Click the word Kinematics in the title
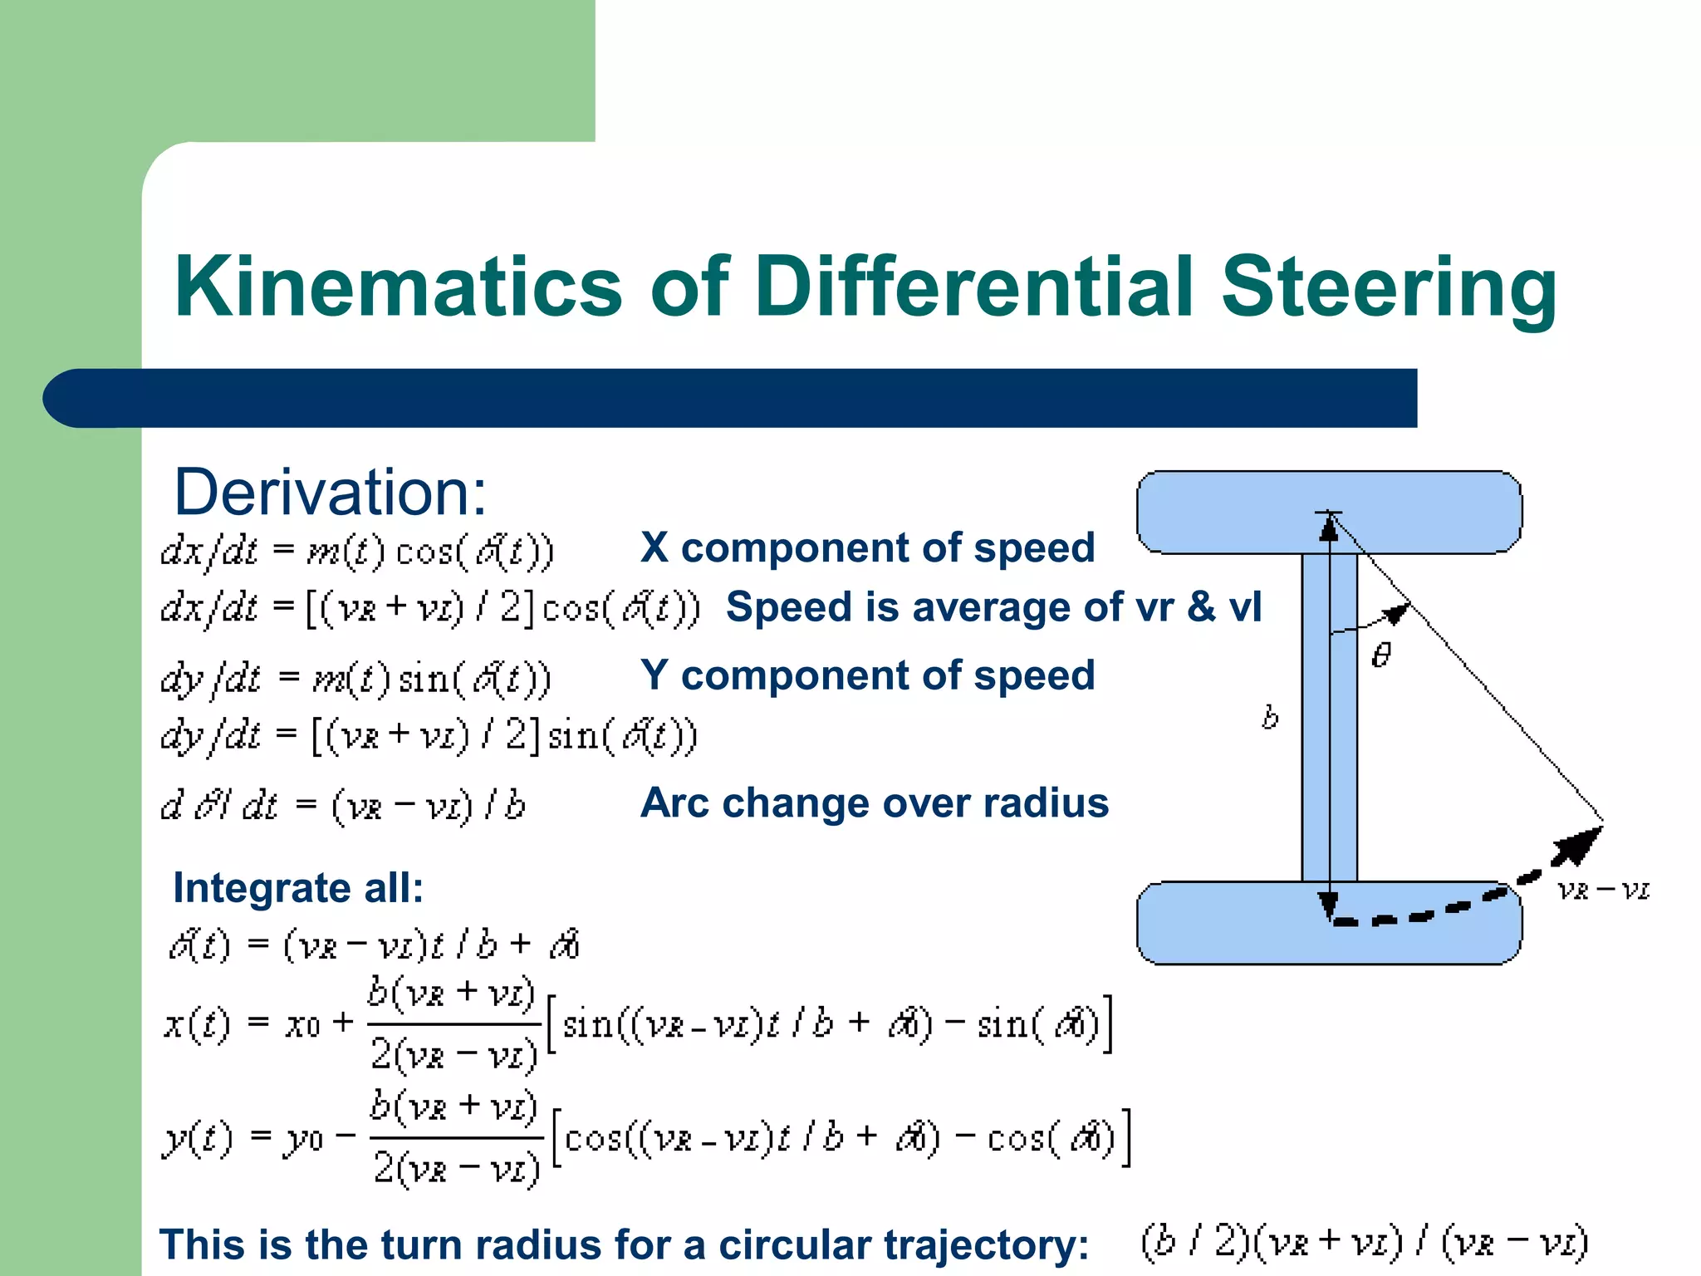click(398, 287)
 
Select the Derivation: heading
click(330, 492)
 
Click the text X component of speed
click(867, 547)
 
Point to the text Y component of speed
click(867, 675)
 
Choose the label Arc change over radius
click(874, 802)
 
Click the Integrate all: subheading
click(298, 887)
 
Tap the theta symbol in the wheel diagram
click(1380, 655)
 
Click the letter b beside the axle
click(1270, 716)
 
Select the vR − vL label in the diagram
click(1603, 891)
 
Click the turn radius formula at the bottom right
click(1364, 1242)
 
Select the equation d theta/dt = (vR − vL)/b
click(342, 805)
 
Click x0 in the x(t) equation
click(302, 1025)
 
